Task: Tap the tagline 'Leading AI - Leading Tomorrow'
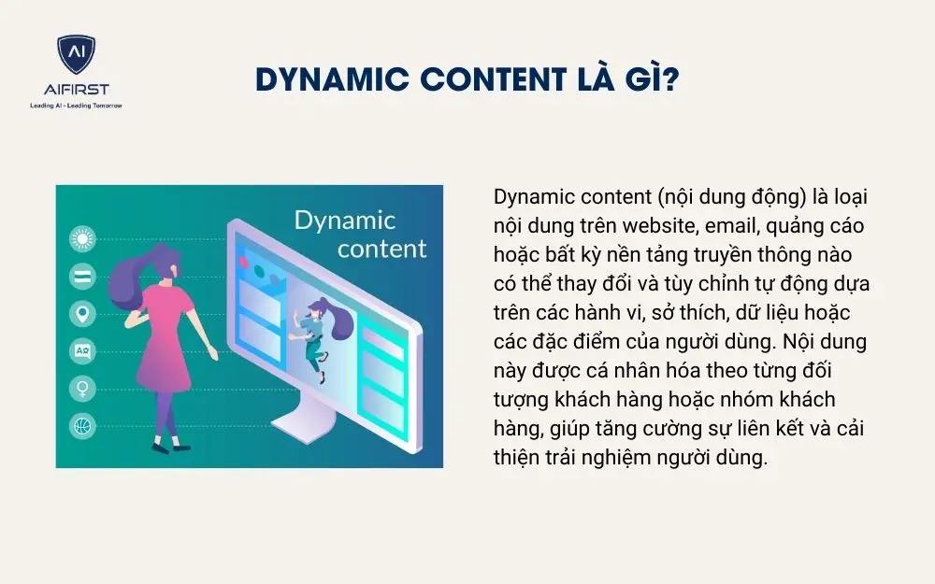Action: coord(75,105)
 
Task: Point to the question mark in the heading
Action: coord(670,80)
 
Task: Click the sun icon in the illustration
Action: coord(83,240)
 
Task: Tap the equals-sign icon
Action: coord(83,277)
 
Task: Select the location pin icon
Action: coord(83,313)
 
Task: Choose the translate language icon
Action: coord(83,351)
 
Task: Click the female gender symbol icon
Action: coord(83,389)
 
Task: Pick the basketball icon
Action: coord(83,426)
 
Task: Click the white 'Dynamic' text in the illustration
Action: coord(344,221)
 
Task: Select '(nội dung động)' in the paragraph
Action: coord(720,197)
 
